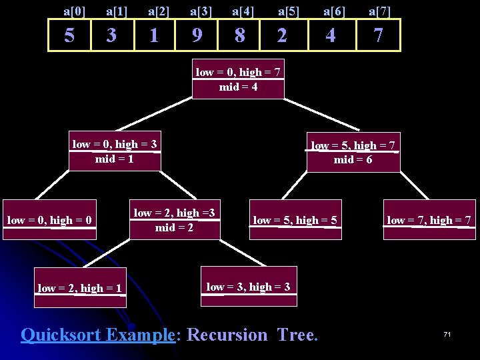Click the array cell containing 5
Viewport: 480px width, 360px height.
(x=69, y=35)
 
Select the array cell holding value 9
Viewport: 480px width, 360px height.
(x=196, y=35)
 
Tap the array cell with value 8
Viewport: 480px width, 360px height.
(x=239, y=35)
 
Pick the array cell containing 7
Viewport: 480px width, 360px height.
(x=378, y=35)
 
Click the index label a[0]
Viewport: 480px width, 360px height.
(x=75, y=10)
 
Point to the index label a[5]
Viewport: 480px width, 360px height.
(x=289, y=10)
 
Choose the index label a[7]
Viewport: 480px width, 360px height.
(x=380, y=10)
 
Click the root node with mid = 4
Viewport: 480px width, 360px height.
(x=238, y=80)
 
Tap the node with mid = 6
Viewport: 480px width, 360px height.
(x=353, y=153)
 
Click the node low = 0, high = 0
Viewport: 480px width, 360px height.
(x=49, y=220)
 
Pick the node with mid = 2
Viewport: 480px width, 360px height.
(x=174, y=220)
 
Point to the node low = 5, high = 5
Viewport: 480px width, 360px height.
(x=295, y=220)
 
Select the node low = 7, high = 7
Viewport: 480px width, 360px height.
(x=429, y=220)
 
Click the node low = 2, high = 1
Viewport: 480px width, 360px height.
(x=79, y=289)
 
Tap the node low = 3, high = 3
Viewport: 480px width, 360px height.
(x=248, y=287)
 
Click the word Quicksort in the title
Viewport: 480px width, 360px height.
(x=63, y=334)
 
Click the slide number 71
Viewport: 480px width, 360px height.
(x=447, y=333)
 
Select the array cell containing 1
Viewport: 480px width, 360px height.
(x=154, y=35)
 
